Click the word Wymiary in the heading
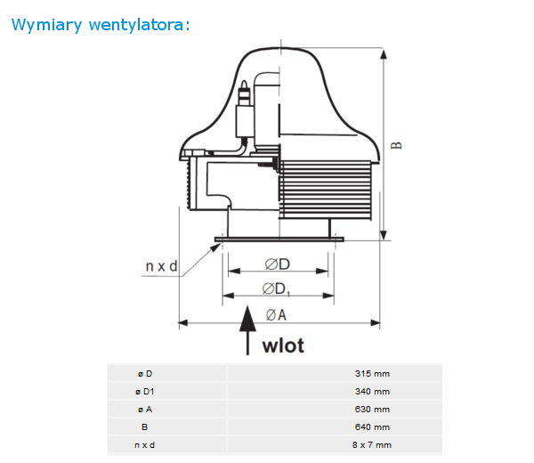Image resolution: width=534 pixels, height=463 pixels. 46,25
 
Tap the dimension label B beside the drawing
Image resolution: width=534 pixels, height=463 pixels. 396,145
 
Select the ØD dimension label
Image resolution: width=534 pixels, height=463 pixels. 277,264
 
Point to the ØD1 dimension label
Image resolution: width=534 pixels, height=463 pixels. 276,288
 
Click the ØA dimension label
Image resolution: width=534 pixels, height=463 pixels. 276,315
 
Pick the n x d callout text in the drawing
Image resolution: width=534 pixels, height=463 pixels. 161,266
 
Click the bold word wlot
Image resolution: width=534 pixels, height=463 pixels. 283,345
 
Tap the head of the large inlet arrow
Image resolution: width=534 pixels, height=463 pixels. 247,319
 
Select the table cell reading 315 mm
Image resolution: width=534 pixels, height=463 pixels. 372,374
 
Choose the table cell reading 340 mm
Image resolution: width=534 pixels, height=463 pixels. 372,392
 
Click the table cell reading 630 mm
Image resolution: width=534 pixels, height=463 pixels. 372,410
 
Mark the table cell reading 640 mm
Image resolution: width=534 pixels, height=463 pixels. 372,426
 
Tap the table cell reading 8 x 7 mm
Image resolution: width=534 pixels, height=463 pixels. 372,445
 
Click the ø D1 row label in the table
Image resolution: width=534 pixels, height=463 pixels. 145,392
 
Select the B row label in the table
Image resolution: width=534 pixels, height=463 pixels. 145,426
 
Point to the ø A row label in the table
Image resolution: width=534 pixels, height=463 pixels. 145,410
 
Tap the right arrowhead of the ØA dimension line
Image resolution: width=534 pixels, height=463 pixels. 375,322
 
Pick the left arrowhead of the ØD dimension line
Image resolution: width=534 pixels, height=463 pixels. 234,272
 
